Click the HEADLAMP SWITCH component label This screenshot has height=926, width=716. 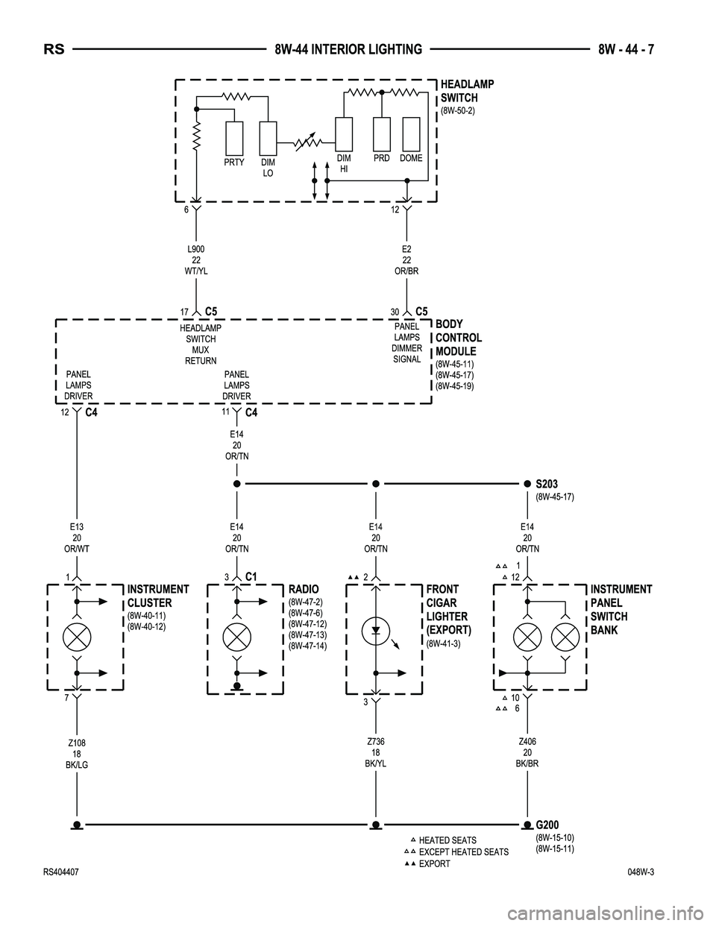coord(467,91)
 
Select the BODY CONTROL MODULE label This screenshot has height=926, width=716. coord(458,338)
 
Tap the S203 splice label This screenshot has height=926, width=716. coord(547,485)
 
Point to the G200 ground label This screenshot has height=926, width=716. coord(547,825)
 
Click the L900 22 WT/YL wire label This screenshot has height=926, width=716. coord(196,259)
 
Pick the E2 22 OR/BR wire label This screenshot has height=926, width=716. coord(406,259)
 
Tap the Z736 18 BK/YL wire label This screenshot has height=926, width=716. coord(376,752)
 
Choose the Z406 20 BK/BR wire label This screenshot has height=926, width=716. coord(528,752)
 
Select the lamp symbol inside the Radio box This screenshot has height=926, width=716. coord(237,637)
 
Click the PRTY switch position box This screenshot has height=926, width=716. coord(234,137)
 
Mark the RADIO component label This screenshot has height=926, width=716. coord(304,590)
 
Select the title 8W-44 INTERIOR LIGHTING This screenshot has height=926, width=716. coord(348,50)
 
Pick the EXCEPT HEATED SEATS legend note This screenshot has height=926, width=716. coord(463,852)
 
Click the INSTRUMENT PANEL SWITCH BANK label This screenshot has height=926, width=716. coord(621,610)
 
